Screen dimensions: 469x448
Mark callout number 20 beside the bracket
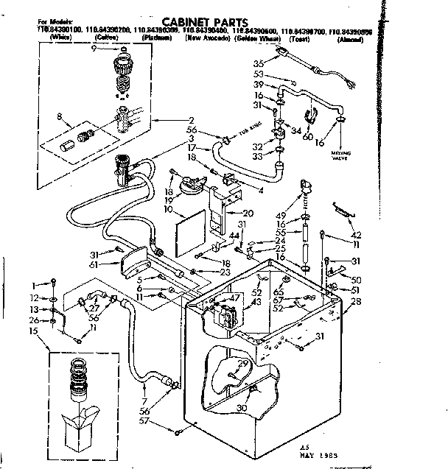(248, 213)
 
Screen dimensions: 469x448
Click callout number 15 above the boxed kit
(34, 332)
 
